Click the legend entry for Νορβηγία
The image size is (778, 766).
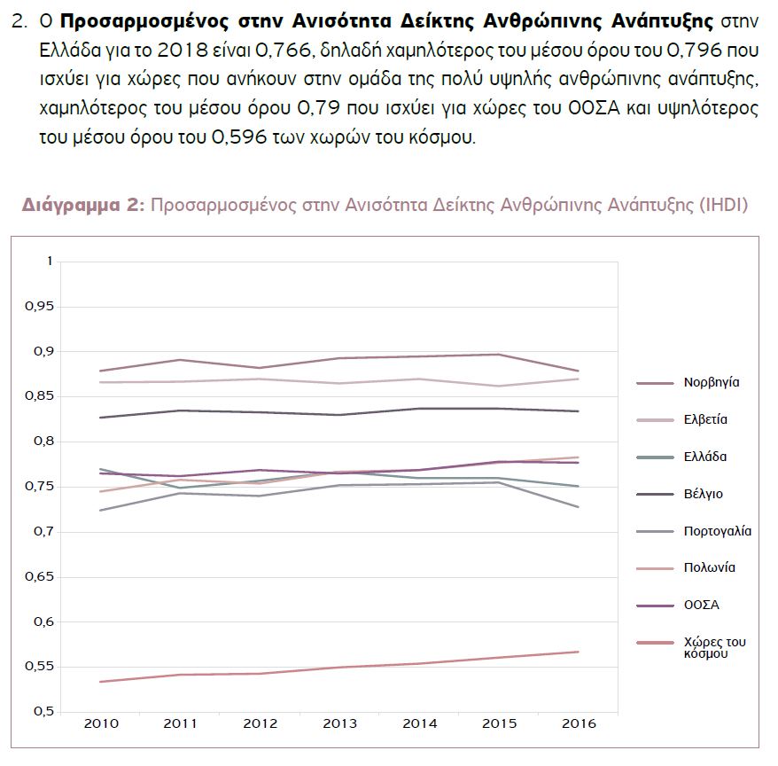coord(711,383)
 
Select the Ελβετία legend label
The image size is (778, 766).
coord(704,420)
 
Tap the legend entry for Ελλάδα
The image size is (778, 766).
coord(704,457)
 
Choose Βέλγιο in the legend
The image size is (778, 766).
coord(703,494)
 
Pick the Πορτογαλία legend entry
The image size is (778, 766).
coord(717,531)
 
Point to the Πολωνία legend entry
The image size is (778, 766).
coord(709,567)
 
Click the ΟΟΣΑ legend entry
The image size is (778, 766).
coord(701,605)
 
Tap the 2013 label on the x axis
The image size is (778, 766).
coord(339,723)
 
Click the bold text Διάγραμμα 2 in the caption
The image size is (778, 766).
coord(82,206)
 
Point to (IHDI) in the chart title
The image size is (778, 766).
coord(724,206)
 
